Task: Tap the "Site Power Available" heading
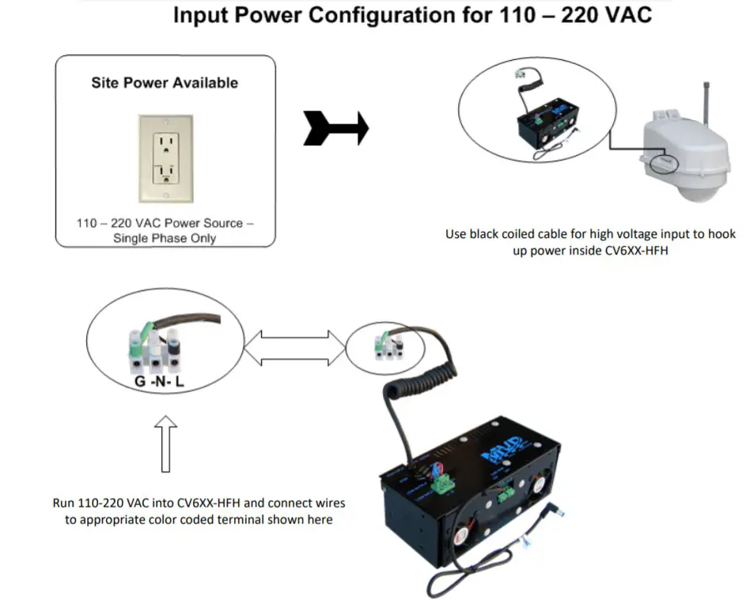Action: (165, 82)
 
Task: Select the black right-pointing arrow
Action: (335, 127)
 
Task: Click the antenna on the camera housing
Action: (706, 100)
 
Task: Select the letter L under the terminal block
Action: (180, 383)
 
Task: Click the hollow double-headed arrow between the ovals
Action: (295, 348)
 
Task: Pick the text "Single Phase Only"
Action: (165, 238)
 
